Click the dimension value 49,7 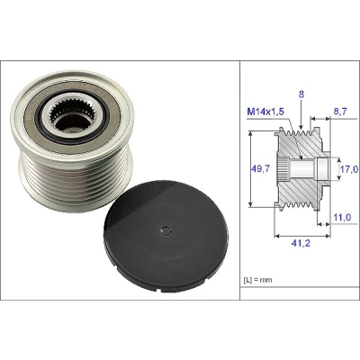click(260, 169)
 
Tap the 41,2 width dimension click(301, 243)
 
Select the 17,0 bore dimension click(349, 170)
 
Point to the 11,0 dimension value click(342, 217)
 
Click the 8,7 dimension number click(339, 112)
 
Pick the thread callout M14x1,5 click(265, 112)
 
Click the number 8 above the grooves click(301, 94)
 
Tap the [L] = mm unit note click(257, 280)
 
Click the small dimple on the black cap click(165, 230)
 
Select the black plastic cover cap click(166, 237)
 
